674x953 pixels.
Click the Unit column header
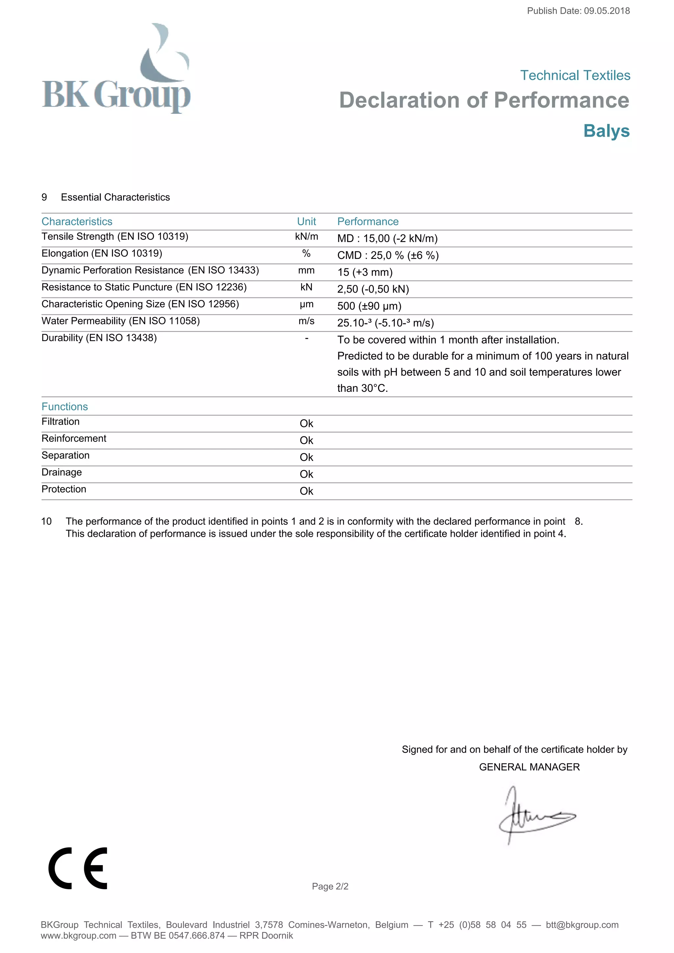pyautogui.click(x=306, y=222)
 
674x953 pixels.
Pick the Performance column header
pyautogui.click(x=368, y=222)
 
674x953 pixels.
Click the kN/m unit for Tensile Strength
pyautogui.click(x=306, y=237)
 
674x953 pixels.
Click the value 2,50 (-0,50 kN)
pyautogui.click(x=373, y=289)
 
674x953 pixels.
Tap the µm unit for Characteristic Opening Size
pyautogui.click(x=306, y=304)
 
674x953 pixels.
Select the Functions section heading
pyautogui.click(x=65, y=407)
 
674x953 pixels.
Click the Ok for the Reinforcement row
pyautogui.click(x=306, y=440)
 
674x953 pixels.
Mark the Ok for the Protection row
pyautogui.click(x=306, y=491)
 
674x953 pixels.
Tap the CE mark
pyautogui.click(x=78, y=868)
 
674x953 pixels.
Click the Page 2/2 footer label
pyautogui.click(x=330, y=887)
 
